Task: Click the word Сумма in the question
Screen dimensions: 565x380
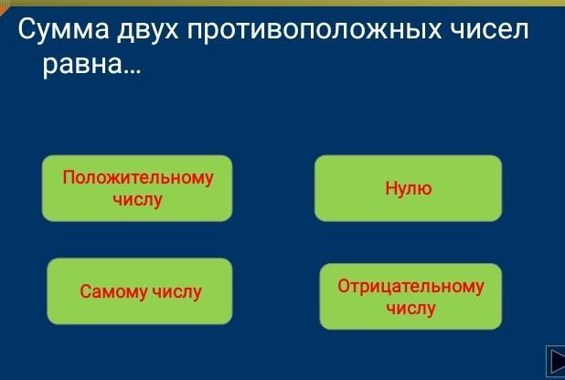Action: click(x=63, y=29)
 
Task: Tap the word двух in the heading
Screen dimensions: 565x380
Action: click(x=148, y=31)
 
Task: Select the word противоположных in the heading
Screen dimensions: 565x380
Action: click(x=314, y=31)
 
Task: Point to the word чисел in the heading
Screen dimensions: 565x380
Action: click(x=489, y=29)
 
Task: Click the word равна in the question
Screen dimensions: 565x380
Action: click(x=82, y=65)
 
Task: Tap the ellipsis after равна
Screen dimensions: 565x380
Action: click(x=133, y=71)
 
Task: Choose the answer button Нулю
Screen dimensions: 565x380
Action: click(x=409, y=188)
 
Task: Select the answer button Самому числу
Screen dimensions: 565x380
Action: click(x=140, y=291)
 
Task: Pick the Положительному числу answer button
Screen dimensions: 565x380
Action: click(x=137, y=188)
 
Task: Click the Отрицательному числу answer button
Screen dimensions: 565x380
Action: click(x=410, y=297)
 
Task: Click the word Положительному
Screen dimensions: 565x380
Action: click(x=138, y=178)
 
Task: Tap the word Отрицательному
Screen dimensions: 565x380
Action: click(x=410, y=287)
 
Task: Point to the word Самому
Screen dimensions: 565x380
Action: click(x=113, y=291)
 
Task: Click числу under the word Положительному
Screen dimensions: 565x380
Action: click(x=137, y=200)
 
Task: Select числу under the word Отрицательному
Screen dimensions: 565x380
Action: click(x=410, y=309)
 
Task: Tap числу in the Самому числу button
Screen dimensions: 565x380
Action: click(x=176, y=291)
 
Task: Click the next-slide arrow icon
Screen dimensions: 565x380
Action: click(x=557, y=361)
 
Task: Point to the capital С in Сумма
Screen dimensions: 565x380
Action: click(x=26, y=29)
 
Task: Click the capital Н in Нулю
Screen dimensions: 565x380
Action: click(x=391, y=187)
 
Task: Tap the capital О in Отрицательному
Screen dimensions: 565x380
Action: click(x=344, y=286)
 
